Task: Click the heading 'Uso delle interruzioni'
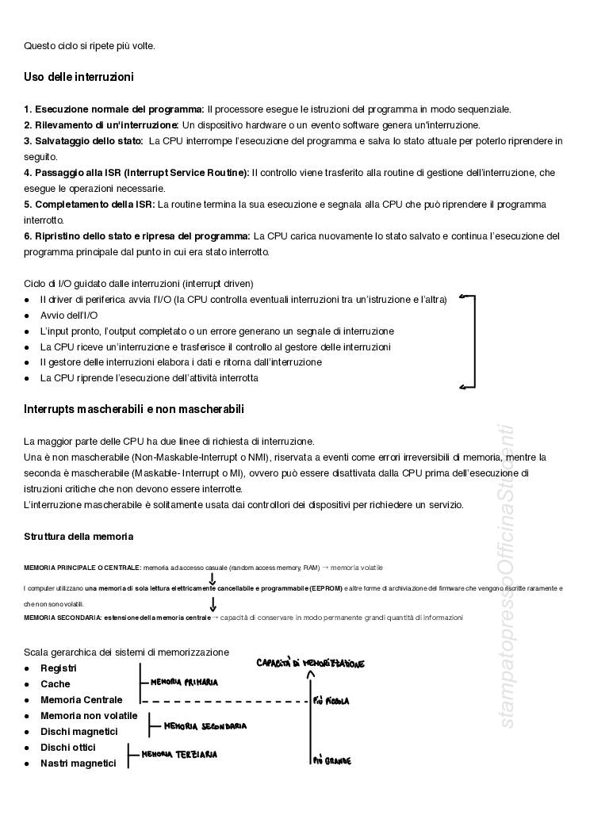(x=79, y=78)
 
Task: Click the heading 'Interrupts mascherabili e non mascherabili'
(x=134, y=410)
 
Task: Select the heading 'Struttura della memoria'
(x=79, y=537)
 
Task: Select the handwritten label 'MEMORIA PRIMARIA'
(x=184, y=682)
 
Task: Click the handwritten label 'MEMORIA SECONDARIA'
(x=205, y=726)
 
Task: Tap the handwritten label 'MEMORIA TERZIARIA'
(x=179, y=756)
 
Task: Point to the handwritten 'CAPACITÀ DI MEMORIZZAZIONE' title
(x=310, y=663)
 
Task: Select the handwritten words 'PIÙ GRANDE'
(x=332, y=761)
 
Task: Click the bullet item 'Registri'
(x=59, y=668)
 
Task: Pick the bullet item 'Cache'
(x=56, y=684)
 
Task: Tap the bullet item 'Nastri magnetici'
(x=78, y=763)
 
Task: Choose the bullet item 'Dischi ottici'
(x=68, y=748)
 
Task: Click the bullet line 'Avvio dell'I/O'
(x=69, y=316)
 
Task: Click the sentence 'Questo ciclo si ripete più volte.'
(x=90, y=46)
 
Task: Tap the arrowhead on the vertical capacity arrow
(x=311, y=675)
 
